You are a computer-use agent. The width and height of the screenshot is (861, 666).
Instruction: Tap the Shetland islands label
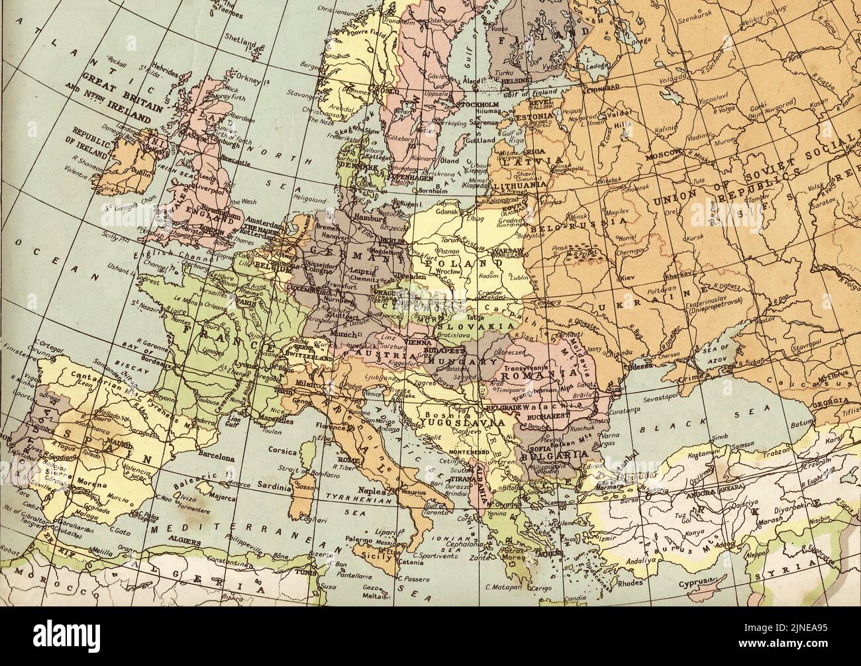pos(240,42)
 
